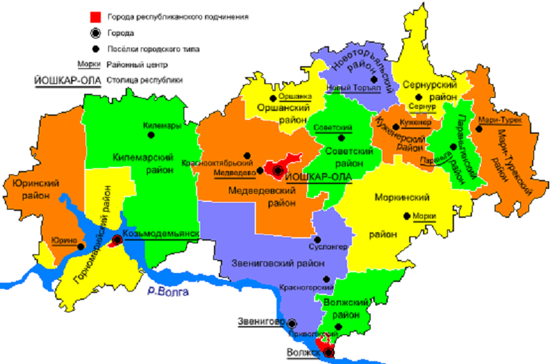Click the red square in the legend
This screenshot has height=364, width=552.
click(95, 15)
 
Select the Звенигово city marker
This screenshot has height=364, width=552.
click(293, 322)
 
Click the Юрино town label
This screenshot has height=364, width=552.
click(63, 240)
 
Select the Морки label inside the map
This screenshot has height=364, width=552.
click(425, 216)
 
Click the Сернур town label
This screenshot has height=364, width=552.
click(422, 108)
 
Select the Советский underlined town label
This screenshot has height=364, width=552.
click(333, 128)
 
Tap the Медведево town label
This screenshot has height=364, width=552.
click(230, 172)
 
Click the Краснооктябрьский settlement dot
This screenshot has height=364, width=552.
click(249, 155)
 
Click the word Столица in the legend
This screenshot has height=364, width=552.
click(121, 80)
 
